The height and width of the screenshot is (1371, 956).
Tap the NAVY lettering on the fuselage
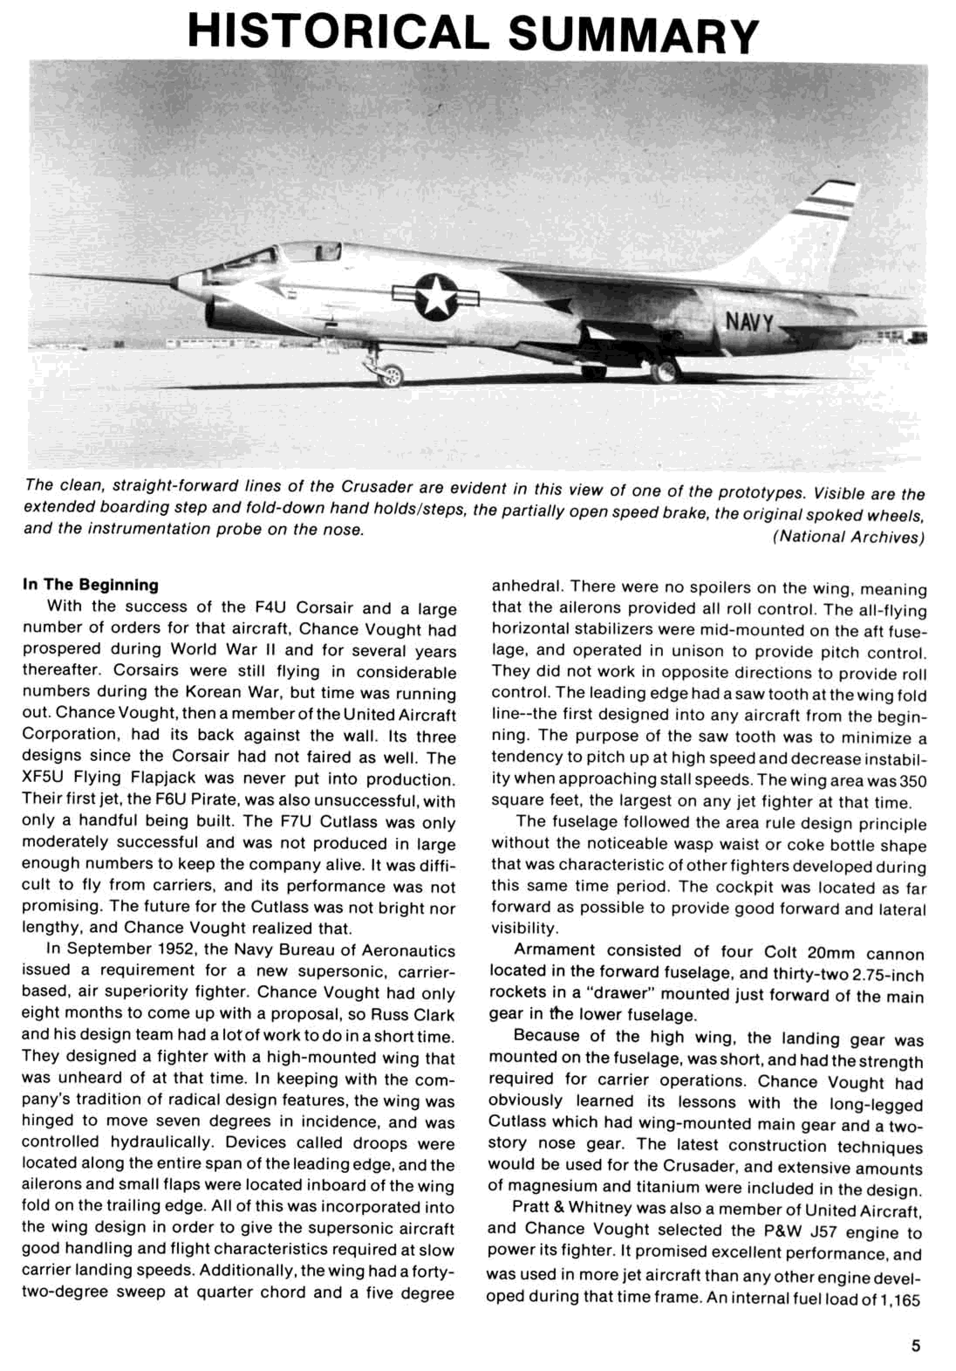point(749,323)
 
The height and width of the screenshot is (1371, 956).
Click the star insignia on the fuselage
point(436,296)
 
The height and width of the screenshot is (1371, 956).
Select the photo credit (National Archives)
point(848,537)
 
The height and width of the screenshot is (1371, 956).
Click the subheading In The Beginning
point(90,584)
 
